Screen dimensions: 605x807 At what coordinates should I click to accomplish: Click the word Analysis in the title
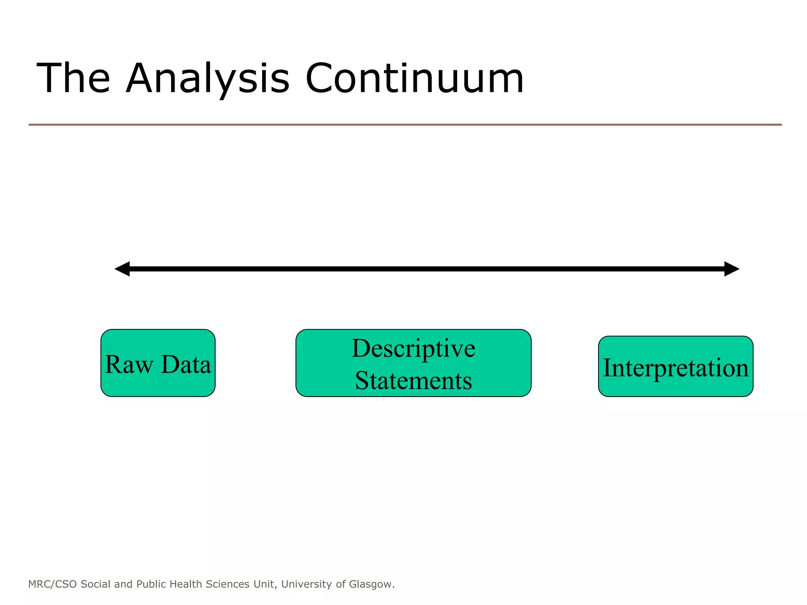coord(208,79)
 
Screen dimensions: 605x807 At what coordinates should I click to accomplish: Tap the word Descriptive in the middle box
coord(413,348)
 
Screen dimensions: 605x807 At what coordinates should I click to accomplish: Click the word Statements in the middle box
coord(413,380)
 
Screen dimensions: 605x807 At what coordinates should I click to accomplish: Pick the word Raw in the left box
coord(129,364)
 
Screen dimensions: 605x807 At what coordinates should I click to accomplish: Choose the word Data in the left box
coord(186,364)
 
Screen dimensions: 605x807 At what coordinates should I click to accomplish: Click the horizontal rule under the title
coord(405,125)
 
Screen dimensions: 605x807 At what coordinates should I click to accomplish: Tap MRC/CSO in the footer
coord(52,584)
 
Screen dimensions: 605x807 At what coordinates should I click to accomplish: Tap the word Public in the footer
coord(151,584)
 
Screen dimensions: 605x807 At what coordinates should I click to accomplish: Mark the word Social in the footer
coord(95,584)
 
